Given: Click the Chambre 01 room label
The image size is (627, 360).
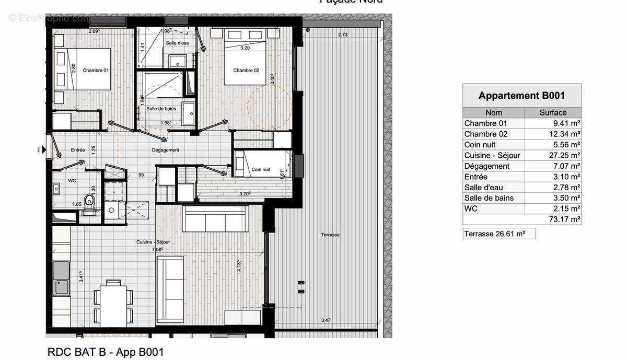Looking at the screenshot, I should [x=96, y=70].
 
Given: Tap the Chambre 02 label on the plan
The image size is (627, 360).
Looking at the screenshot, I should [x=246, y=71].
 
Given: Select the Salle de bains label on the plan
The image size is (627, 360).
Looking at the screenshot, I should [x=161, y=109].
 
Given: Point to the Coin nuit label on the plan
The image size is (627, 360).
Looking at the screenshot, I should [x=261, y=169].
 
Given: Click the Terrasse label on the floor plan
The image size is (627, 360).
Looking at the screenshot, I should [x=330, y=235].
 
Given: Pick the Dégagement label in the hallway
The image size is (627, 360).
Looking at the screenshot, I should [x=165, y=150].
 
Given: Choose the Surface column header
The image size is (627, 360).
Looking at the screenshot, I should [x=553, y=112].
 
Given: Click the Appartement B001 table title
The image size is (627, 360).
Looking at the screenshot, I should [x=521, y=96].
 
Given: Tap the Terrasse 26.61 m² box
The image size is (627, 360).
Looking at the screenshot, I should [x=498, y=234].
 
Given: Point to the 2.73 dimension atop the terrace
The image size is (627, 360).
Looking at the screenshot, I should [x=343, y=35].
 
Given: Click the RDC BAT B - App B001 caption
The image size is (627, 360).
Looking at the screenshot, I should [x=106, y=352].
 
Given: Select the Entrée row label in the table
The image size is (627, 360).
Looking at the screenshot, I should [x=475, y=177].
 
